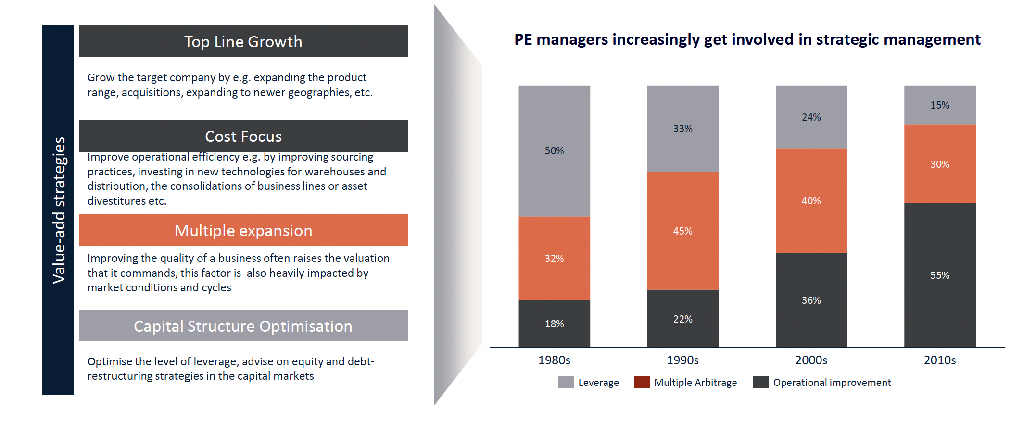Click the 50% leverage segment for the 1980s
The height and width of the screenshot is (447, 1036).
pyautogui.click(x=554, y=151)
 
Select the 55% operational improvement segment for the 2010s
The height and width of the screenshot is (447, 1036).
pyautogui.click(x=939, y=275)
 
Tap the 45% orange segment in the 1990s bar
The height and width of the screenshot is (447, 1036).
pyautogui.click(x=682, y=231)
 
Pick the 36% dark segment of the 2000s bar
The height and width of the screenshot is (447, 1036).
pyautogui.click(x=811, y=300)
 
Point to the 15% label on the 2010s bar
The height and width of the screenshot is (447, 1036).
pyautogui.click(x=939, y=105)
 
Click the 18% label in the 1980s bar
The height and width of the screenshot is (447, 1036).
pyautogui.click(x=554, y=324)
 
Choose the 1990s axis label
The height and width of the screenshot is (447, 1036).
pyautogui.click(x=682, y=360)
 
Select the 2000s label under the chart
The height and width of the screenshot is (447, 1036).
pyautogui.click(x=811, y=360)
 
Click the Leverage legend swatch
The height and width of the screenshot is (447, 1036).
pyautogui.click(x=566, y=382)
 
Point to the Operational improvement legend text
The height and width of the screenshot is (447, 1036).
pyautogui.click(x=832, y=382)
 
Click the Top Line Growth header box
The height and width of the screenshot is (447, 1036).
pyautogui.click(x=243, y=42)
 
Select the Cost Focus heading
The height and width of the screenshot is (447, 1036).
pyautogui.click(x=243, y=137)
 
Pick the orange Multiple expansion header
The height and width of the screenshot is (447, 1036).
pyautogui.click(x=243, y=231)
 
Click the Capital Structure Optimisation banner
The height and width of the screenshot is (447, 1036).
pyautogui.click(x=243, y=326)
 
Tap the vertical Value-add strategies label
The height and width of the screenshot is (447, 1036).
pyautogui.click(x=58, y=210)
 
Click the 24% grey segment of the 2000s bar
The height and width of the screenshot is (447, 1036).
pyautogui.click(x=811, y=117)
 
